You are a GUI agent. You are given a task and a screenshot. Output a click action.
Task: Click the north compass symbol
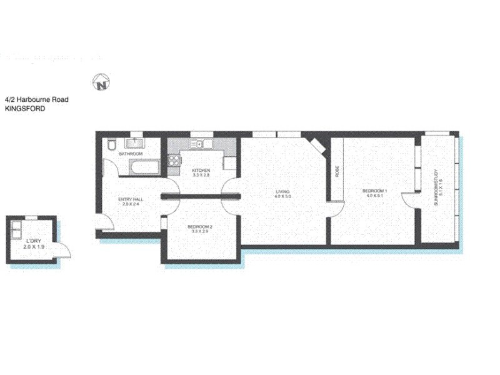tap(101, 82)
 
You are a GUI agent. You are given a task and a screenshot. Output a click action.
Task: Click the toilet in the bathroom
tap(111, 146)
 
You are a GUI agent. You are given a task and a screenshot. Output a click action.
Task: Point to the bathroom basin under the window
tap(136, 143)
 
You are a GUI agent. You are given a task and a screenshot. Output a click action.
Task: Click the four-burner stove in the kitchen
tap(173, 162)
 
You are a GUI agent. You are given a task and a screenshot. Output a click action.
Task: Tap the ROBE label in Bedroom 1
tap(337, 171)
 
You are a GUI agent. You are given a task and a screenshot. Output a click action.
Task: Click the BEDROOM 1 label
tap(377, 192)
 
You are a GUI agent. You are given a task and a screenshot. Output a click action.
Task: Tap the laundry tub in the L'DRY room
tap(17, 227)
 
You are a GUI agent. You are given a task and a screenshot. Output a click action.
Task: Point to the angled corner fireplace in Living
tap(317, 145)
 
